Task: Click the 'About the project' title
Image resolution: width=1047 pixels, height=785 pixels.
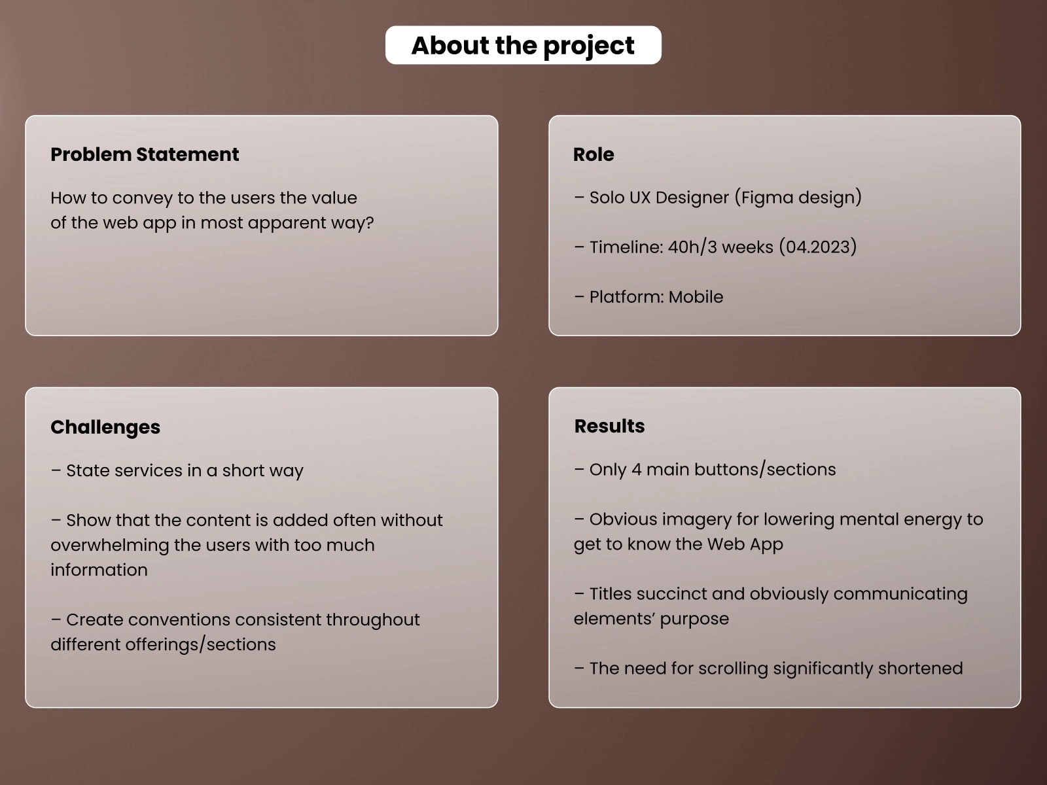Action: pos(523,46)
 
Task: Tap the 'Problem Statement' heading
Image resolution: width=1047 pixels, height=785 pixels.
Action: pos(145,154)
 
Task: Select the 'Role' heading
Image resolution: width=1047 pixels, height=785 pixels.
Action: pos(594,154)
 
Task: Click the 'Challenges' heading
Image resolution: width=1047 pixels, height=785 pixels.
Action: pos(105,428)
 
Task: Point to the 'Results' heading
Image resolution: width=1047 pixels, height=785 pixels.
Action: pos(609,426)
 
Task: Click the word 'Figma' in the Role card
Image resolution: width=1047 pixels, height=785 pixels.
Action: pos(768,198)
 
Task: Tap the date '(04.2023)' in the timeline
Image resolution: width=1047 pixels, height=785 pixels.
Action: pos(817,247)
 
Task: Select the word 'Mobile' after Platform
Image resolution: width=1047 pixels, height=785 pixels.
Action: pos(696,297)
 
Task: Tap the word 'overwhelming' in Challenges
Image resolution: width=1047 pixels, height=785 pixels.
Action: pos(110,546)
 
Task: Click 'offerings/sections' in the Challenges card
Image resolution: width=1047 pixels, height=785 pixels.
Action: pos(200,645)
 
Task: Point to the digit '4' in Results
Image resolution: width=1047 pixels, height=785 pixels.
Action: pos(636,470)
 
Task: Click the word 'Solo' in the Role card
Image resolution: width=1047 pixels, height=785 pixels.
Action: pos(607,198)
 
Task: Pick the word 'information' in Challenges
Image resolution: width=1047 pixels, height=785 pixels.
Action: pos(99,570)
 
